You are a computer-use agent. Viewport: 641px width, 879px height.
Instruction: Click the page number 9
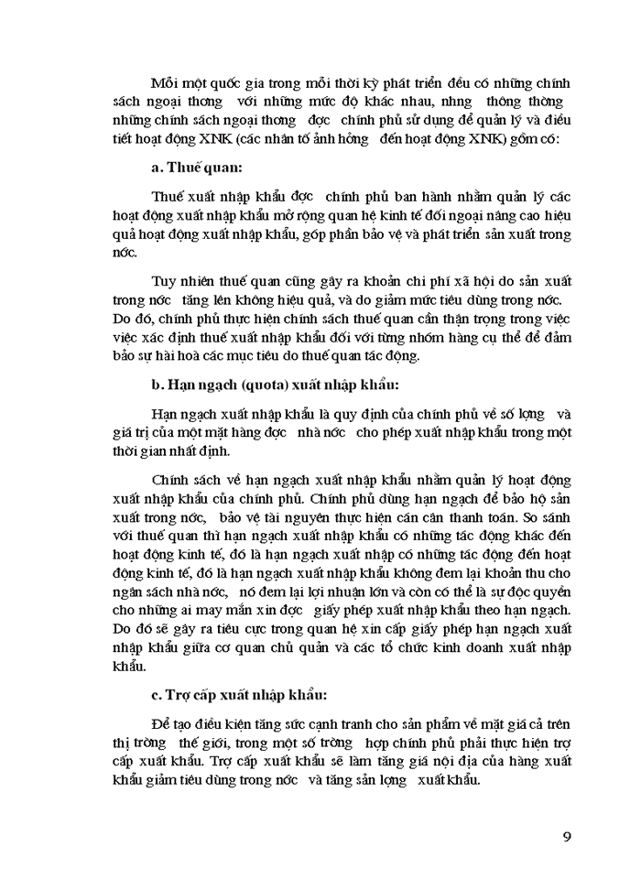click(567, 836)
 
